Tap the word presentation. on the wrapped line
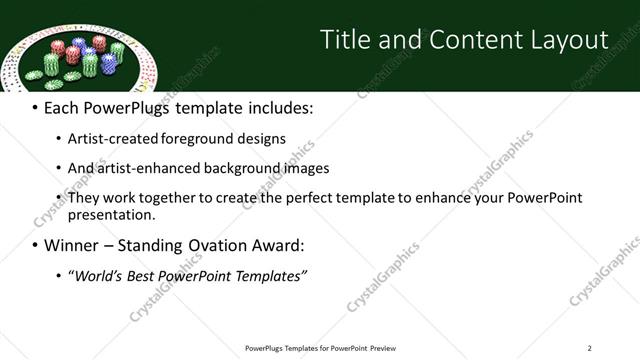coord(111,214)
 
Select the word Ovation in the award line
coord(204,246)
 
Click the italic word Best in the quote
coord(149,275)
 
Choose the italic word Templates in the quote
coord(270,275)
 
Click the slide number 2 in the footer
coord(589,347)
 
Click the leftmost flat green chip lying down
coord(33,74)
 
